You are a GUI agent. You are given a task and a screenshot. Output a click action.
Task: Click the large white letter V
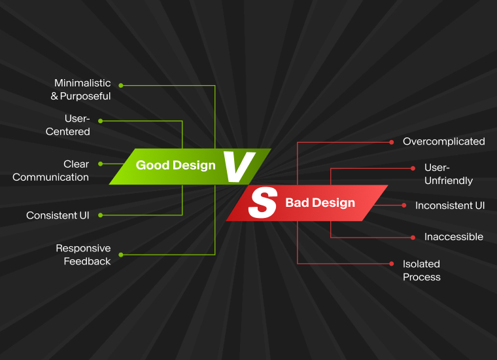[x=239, y=167]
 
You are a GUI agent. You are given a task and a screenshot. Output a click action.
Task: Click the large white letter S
[x=263, y=202]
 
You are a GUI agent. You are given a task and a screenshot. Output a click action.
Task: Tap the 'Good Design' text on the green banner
[x=176, y=165]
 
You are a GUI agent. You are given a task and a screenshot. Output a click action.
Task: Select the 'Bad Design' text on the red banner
[x=320, y=203]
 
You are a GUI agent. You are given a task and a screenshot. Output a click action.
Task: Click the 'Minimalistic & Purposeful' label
[x=81, y=90]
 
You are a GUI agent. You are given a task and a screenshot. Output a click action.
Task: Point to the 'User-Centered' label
[x=68, y=125]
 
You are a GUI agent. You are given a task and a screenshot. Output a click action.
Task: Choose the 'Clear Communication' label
[x=51, y=171]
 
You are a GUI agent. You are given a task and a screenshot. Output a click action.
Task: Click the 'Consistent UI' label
[x=58, y=215]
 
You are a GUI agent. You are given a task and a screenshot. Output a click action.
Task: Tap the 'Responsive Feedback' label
[x=83, y=255]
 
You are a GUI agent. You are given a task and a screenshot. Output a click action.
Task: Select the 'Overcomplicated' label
[x=444, y=141]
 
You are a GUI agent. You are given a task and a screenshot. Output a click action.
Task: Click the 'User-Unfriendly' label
[x=449, y=174]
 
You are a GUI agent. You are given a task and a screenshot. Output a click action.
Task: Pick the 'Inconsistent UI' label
[x=450, y=206]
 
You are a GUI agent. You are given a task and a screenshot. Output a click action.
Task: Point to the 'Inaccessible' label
[x=454, y=237]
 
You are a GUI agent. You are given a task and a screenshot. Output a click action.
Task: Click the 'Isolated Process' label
[x=422, y=270]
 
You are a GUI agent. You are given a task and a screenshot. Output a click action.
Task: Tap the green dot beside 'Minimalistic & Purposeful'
[x=121, y=85]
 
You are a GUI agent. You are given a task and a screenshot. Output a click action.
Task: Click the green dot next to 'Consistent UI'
[x=101, y=215]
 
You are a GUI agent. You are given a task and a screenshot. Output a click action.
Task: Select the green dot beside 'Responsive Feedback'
[x=121, y=255]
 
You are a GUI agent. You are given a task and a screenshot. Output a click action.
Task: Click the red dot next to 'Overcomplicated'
[x=392, y=143]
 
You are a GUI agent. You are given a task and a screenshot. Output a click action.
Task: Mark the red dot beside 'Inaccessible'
[x=413, y=237]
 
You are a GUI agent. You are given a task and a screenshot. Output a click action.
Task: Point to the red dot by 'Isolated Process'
[x=392, y=264]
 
